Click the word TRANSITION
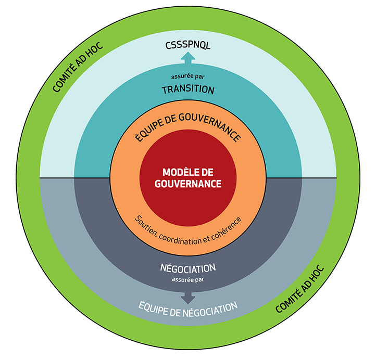point(188,89)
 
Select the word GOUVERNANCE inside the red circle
point(188,184)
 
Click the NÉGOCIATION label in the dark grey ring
point(188,268)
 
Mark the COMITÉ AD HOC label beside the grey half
point(299,290)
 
